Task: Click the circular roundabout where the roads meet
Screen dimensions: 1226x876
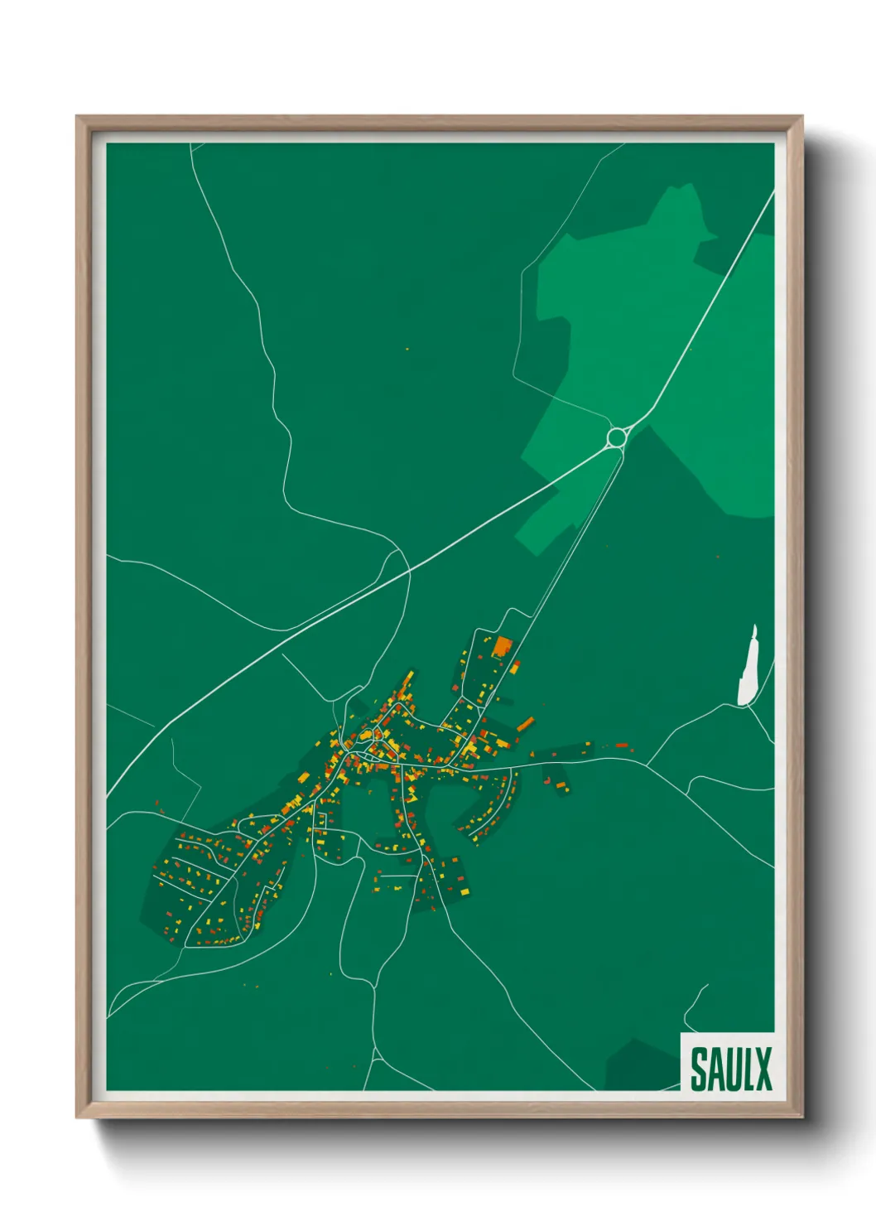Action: point(616,437)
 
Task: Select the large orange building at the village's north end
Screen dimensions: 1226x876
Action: point(503,645)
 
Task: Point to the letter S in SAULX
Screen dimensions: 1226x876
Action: point(699,1069)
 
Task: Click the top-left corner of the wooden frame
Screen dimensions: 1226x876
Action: point(77,117)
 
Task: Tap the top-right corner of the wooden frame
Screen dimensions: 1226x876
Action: point(801,117)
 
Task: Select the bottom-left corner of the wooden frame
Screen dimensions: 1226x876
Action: point(77,1117)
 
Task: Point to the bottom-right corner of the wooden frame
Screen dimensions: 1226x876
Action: point(801,1117)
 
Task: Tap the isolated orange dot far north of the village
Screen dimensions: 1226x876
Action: point(407,350)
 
